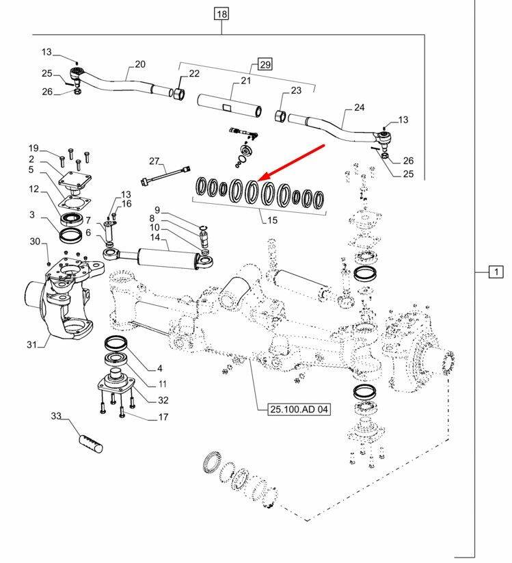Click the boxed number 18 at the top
[222, 14]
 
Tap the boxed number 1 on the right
[495, 272]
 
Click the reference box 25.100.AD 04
[295, 409]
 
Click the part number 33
[56, 415]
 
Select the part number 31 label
[31, 344]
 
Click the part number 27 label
[153, 161]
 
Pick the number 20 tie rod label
[140, 64]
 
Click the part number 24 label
[360, 108]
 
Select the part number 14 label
[154, 237]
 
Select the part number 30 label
[35, 241]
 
